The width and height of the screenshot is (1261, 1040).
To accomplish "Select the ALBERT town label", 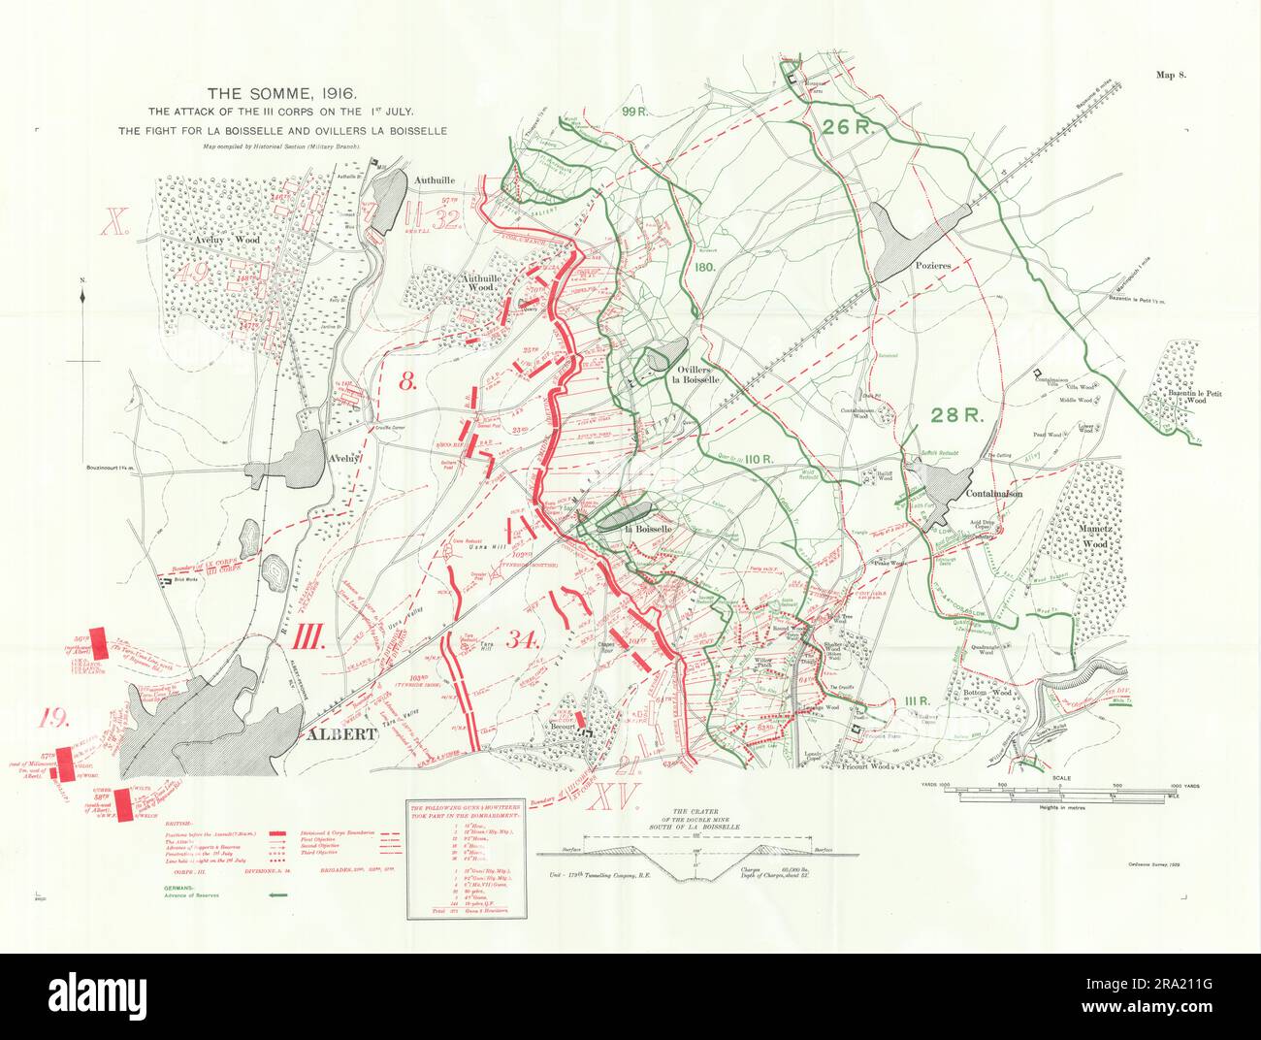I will [340, 734].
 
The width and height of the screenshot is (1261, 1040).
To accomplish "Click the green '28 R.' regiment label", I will [957, 415].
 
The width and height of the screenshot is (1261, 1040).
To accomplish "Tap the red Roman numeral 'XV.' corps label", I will [615, 797].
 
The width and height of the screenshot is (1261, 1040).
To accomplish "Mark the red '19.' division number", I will [52, 719].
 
